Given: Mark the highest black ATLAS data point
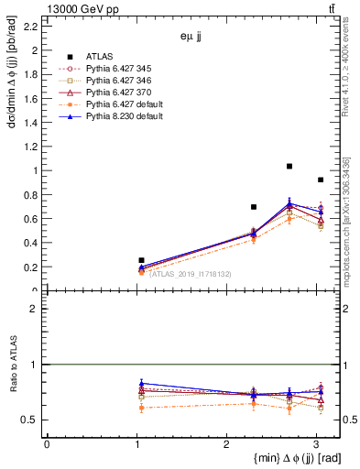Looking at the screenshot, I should coord(289,166).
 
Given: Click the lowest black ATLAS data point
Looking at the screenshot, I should coord(141,260).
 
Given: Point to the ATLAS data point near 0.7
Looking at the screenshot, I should coord(254,207).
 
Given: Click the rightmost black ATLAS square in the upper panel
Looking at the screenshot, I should coord(320,180).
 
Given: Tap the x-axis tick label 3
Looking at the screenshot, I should coord(316,444).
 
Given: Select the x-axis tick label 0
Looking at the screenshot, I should coord(47,444).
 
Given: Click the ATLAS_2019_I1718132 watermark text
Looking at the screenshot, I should coord(190,273).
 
